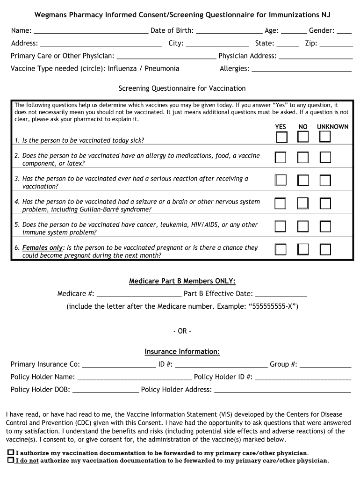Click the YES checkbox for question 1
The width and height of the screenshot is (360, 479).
[x=281, y=137]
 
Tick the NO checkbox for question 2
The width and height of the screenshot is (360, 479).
[x=303, y=158]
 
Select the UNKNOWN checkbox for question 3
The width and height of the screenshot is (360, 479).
[x=325, y=181]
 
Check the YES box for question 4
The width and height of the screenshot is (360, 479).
[x=280, y=203]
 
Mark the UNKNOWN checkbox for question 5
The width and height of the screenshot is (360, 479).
[x=325, y=226]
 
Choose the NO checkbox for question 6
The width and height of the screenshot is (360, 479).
[x=303, y=249]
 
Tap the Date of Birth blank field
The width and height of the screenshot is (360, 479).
[x=229, y=31]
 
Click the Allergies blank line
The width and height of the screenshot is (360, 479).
[x=301, y=69]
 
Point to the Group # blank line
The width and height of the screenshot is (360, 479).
[x=325, y=365]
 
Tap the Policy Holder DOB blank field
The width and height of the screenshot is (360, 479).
[x=106, y=390]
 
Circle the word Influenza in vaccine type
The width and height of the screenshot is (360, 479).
[x=122, y=69]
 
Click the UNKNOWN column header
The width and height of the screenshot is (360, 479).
[x=332, y=127]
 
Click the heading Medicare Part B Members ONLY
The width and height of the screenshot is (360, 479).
[x=182, y=281]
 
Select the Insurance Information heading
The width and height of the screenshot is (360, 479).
[x=182, y=352]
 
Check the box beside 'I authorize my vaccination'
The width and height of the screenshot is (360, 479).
[x=11, y=453]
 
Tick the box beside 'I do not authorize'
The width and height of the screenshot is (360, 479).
[x=11, y=460]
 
